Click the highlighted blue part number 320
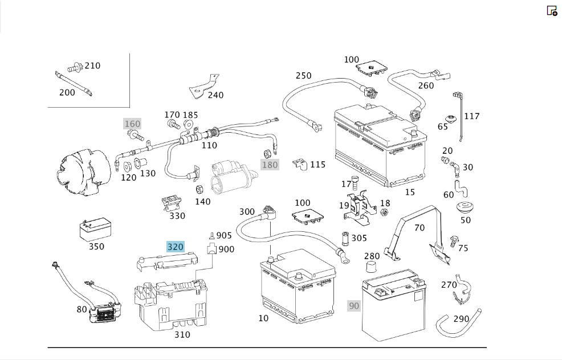(176, 247)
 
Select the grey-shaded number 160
(132, 124)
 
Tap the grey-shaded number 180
(270, 165)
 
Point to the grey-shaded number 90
(354, 305)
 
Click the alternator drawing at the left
(84, 173)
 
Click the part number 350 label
(96, 247)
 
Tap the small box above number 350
(95, 229)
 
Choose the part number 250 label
(304, 76)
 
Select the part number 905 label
(224, 235)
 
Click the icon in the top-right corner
(552, 11)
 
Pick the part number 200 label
(67, 92)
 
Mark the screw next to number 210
(75, 67)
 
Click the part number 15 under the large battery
(410, 192)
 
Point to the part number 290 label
(461, 318)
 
